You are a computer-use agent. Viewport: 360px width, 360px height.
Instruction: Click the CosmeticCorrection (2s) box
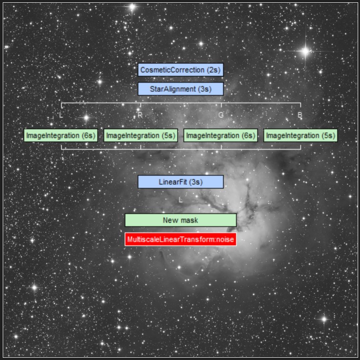[180, 70]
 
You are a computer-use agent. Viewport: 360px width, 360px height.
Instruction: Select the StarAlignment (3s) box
[180, 89]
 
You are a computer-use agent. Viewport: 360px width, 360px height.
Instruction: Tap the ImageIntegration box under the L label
[61, 136]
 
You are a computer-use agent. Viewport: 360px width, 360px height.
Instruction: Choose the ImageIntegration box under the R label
[141, 136]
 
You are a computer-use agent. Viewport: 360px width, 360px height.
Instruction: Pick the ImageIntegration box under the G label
[221, 136]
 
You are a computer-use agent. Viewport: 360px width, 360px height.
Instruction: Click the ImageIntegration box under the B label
[300, 136]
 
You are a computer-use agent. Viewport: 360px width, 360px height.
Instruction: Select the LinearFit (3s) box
[180, 182]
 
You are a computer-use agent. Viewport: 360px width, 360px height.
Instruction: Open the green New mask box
[180, 220]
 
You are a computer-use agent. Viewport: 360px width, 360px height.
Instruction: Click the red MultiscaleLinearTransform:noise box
[180, 240]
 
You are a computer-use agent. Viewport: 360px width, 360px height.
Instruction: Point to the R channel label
[140, 115]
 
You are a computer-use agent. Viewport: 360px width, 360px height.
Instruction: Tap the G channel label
[221, 115]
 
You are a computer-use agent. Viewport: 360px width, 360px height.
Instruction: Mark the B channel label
[300, 115]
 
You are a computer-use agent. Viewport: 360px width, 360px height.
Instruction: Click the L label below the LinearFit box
[181, 200]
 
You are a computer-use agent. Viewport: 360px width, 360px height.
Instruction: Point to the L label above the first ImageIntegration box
[61, 115]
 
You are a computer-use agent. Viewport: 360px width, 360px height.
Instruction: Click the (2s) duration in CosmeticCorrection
[213, 70]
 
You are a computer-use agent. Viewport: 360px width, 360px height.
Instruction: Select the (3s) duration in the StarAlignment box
[204, 89]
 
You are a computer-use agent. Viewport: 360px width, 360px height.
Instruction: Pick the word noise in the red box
[224, 240]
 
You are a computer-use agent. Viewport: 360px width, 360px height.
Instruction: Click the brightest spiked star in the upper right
[305, 51]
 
